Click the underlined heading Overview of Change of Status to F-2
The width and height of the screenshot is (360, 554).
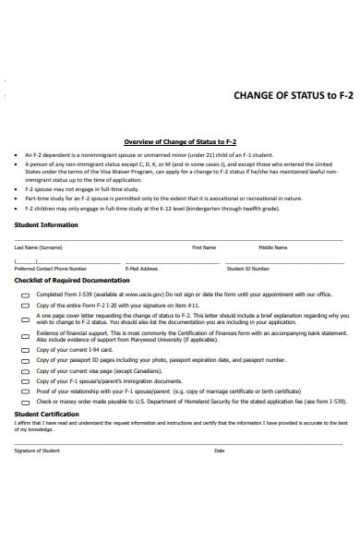tap(180, 141)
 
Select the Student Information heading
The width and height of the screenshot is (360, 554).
tap(46, 224)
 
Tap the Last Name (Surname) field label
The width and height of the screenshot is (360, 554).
tap(38, 247)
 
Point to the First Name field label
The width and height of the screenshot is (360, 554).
tap(204, 247)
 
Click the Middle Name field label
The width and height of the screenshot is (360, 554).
tap(272, 247)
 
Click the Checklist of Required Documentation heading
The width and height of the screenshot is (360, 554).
tap(72, 280)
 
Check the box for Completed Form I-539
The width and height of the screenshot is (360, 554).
tap(25, 295)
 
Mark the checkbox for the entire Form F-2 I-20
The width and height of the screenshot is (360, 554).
tap(25, 305)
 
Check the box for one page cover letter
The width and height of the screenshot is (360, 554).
tap(25, 319)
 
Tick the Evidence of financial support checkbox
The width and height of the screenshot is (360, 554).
tap(25, 337)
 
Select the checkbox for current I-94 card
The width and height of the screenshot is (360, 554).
tap(25, 351)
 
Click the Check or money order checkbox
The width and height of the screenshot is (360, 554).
tap(25, 403)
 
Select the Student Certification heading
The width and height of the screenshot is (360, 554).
tap(46, 415)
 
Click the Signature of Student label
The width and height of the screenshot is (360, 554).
tap(37, 451)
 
